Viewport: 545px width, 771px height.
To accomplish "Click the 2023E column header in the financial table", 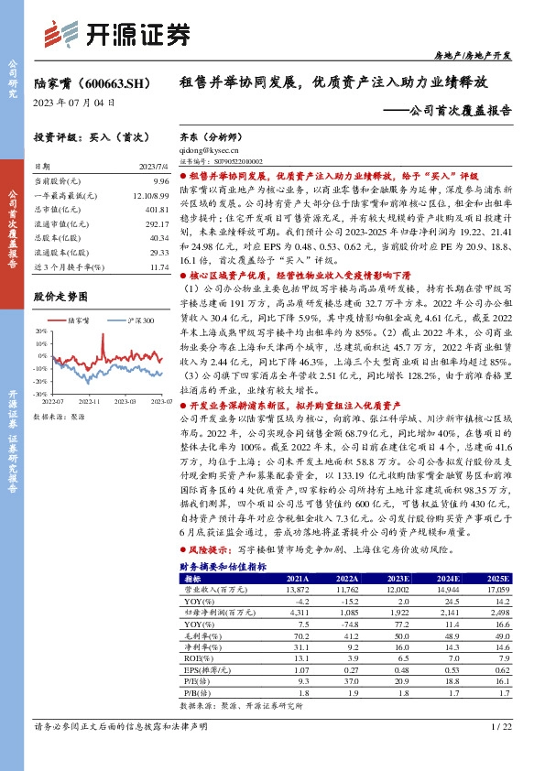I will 398,579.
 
